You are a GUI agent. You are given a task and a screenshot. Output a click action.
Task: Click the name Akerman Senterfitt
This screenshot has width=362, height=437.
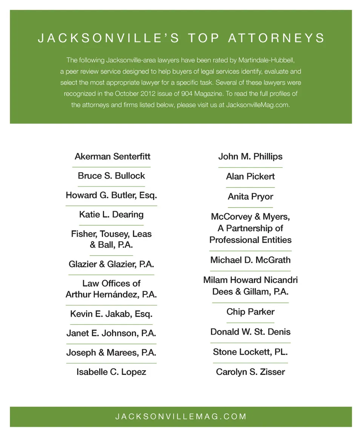click(112, 156)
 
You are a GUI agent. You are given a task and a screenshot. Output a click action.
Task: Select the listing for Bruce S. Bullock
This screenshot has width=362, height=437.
click(111, 176)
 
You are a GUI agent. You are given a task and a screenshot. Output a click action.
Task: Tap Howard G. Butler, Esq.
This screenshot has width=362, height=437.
click(111, 195)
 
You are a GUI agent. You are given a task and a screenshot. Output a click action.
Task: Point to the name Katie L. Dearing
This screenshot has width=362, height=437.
click(111, 215)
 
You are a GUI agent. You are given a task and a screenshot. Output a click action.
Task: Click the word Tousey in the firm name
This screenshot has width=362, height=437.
click(115, 234)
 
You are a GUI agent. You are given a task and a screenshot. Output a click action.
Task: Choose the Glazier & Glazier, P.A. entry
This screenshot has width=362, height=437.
click(111, 264)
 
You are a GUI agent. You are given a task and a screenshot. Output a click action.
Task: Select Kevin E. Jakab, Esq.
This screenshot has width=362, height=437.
click(111, 314)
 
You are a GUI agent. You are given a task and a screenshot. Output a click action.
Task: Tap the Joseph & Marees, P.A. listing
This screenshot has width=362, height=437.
click(111, 353)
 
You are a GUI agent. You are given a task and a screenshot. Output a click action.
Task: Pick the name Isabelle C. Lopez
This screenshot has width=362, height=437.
click(111, 372)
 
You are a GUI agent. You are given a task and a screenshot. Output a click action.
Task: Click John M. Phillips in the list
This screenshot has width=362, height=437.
click(250, 156)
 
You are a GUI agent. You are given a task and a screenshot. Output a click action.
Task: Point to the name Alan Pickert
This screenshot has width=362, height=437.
click(250, 176)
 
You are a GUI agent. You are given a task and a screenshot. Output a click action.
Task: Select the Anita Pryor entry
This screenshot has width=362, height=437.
click(250, 196)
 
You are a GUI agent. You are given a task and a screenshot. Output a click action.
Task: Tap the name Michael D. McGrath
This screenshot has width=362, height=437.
click(250, 260)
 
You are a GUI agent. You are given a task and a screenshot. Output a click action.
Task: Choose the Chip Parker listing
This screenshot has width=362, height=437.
click(250, 312)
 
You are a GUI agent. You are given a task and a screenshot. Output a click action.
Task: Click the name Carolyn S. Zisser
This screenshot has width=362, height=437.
click(250, 372)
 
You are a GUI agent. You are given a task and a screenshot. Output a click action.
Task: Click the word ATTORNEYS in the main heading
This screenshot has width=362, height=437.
click(276, 38)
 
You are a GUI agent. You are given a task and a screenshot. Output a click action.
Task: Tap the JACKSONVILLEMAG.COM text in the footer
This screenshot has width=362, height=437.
click(181, 416)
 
